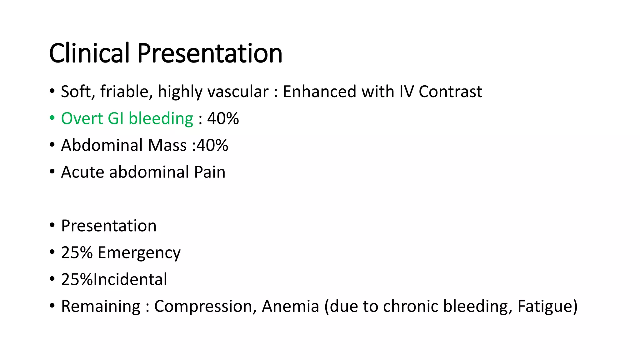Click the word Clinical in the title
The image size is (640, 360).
tap(89, 53)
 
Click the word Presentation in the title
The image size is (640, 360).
tap(210, 53)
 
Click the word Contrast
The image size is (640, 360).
tap(450, 92)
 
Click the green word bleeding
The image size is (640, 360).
tap(161, 119)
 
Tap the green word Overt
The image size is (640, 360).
tap(82, 119)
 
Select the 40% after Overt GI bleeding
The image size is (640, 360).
tap(223, 119)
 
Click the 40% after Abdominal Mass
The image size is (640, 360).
tap(212, 145)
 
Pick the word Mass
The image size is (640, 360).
tap(167, 145)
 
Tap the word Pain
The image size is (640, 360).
tap(209, 172)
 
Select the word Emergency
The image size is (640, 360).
tap(139, 252)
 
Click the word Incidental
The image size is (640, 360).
tap(130, 279)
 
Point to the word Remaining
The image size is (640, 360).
tap(101, 306)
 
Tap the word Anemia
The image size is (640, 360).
tap(290, 306)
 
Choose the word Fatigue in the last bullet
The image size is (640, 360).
tap(543, 306)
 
